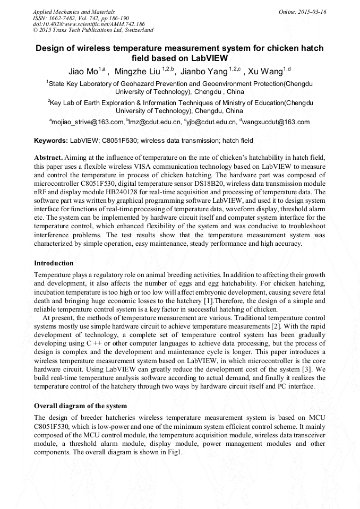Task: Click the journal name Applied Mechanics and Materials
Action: [x=68, y=12]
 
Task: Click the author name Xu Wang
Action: [x=265, y=71]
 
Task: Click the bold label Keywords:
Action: [x=51, y=141]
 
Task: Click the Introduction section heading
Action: [x=54, y=263]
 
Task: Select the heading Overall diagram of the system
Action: [x=80, y=406]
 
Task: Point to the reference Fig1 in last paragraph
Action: [x=175, y=452]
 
